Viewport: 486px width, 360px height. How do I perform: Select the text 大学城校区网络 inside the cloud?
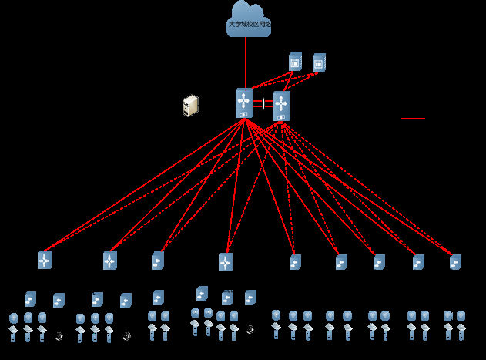249,25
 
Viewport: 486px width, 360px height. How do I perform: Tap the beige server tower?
190,106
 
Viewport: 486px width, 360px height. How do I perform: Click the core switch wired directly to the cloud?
244,103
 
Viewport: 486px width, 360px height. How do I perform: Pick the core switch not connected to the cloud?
281,106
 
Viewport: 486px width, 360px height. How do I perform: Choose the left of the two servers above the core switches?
295,62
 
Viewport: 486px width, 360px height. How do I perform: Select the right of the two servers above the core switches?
319,62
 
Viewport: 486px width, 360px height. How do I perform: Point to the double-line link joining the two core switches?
263,103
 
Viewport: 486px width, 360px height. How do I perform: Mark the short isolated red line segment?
413,118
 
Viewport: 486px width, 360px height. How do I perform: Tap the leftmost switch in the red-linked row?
45,260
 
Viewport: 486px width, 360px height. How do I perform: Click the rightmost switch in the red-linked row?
455,262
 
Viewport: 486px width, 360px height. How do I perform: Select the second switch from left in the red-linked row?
110,261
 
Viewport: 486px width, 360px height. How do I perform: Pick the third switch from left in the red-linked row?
158,261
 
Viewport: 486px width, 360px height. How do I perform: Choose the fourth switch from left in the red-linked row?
226,262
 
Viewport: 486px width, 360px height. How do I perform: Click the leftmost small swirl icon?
59,336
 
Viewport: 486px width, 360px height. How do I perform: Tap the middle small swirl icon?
126,336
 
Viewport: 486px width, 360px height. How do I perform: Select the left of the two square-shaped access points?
195,312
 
